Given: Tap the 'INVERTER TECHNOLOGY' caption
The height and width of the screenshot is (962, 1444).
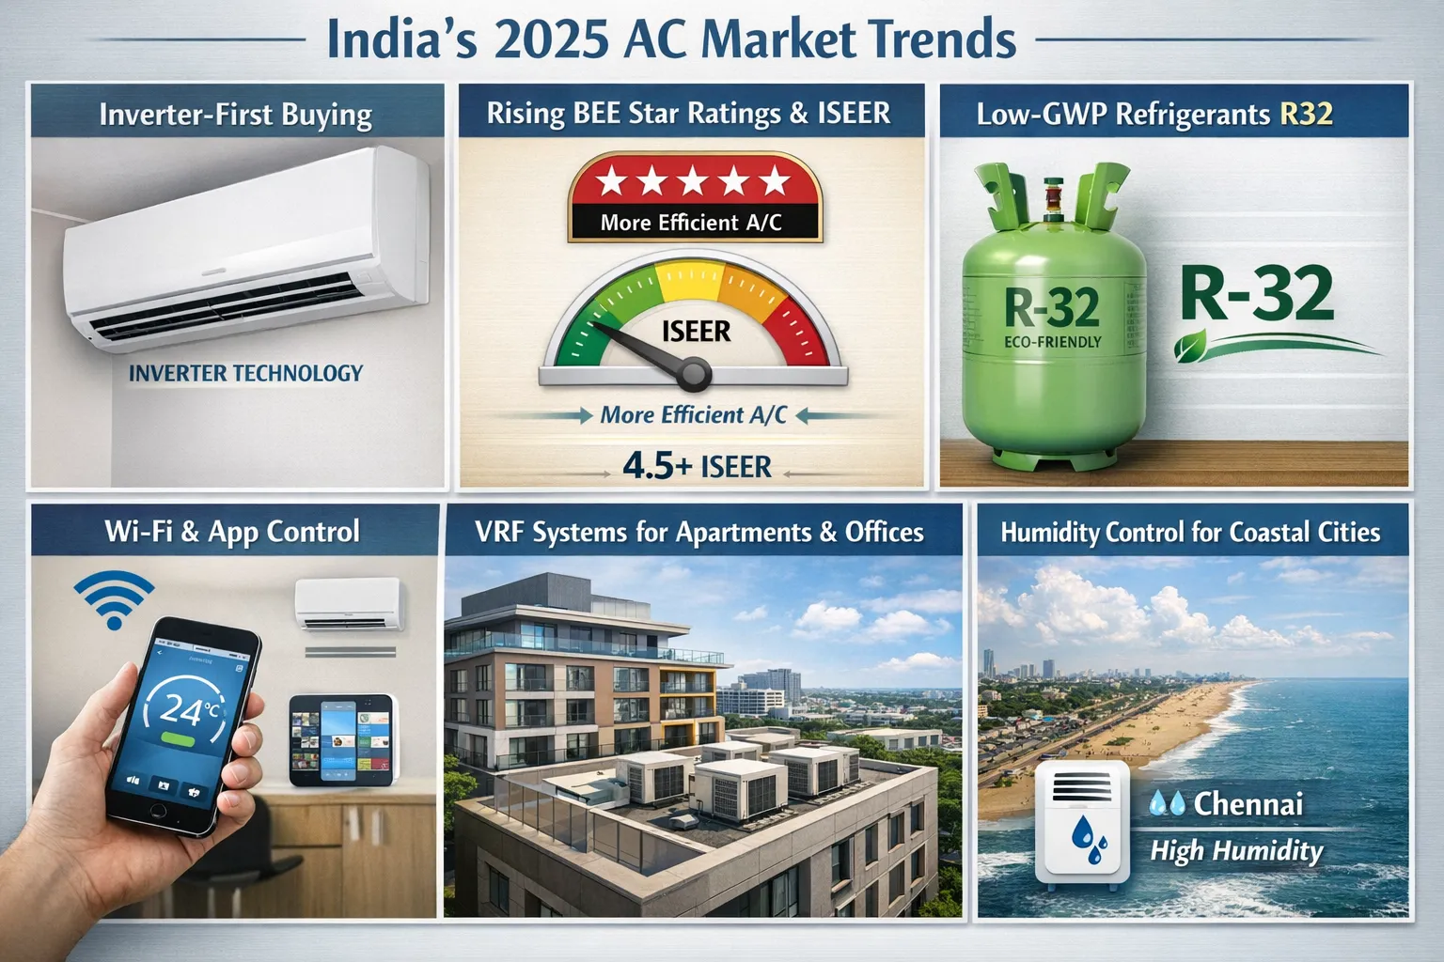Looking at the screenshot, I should coord(245,373).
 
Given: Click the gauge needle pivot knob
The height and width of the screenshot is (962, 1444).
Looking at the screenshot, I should coord(695,376).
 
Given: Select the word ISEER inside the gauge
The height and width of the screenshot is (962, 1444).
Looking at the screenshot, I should coord(696,331).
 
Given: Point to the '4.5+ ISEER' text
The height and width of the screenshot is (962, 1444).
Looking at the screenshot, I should coord(697,466).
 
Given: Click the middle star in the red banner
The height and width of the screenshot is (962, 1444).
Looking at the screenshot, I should coord(695,181).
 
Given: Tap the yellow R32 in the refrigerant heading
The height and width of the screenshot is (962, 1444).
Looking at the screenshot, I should coord(1306,114).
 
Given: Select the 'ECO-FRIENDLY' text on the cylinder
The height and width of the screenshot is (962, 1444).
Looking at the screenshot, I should coord(1052,342).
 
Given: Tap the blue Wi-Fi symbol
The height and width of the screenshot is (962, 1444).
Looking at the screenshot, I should coord(114,600).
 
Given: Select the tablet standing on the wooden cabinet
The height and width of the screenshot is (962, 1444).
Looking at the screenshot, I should coord(340,739).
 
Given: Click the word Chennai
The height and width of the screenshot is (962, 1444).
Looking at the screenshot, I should coord(1248,804).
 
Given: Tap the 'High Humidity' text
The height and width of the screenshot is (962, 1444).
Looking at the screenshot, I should coord(1236,851).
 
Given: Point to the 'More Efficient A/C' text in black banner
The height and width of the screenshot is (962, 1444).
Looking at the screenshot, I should coord(691,223).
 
